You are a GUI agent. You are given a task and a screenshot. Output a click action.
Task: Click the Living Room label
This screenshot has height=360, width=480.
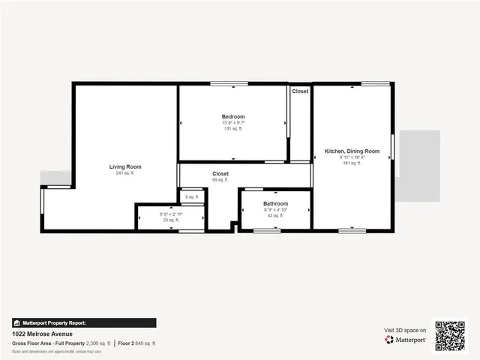click(x=125, y=166)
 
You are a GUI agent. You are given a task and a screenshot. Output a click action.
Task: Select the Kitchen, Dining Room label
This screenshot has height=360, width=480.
click(x=352, y=151)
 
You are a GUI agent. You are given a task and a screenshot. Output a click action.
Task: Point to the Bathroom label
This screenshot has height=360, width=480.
click(x=275, y=204)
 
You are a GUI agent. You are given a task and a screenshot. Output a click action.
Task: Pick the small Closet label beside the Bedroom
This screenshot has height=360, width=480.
click(x=300, y=91)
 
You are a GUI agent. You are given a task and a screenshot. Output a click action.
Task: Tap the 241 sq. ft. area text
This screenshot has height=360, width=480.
click(x=125, y=173)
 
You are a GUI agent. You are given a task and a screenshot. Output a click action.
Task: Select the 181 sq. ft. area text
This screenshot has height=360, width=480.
click(x=352, y=163)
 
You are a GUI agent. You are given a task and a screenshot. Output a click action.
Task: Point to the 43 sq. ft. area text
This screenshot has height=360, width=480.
click(x=275, y=216)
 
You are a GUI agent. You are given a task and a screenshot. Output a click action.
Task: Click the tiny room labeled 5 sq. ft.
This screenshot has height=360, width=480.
click(x=192, y=196)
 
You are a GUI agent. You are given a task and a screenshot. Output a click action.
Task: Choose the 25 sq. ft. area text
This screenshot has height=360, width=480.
click(x=171, y=220)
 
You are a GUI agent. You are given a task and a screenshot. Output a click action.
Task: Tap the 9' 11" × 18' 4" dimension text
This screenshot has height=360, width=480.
click(x=352, y=157)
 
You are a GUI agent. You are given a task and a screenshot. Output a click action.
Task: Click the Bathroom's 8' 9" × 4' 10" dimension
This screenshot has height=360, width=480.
click(x=275, y=210)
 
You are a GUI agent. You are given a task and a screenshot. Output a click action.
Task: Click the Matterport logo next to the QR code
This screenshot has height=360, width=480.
click(x=406, y=340)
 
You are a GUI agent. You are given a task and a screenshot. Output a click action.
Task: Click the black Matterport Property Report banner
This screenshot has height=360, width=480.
click(x=84, y=323)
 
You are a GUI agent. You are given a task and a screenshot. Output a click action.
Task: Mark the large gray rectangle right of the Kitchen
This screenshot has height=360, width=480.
click(x=419, y=166)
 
